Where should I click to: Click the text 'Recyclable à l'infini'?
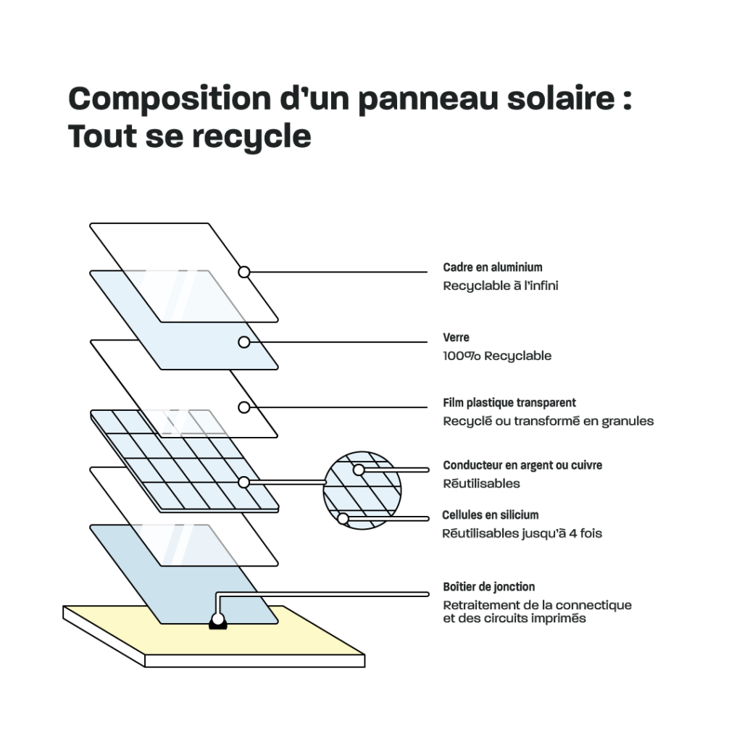point(501,285)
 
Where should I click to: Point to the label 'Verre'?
point(457,338)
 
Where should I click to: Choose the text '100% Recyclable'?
point(497,356)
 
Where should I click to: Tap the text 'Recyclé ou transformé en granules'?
point(549,421)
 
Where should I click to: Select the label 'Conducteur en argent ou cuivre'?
point(522,465)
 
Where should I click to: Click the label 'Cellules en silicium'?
point(491,515)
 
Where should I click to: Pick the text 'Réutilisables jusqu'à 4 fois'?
point(522,534)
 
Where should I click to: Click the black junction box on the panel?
point(217,621)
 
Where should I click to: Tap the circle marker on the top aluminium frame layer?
point(244,272)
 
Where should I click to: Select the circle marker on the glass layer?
point(244,342)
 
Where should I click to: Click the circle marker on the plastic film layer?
point(244,407)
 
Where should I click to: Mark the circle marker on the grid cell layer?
point(244,482)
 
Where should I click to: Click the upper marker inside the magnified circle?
point(359,470)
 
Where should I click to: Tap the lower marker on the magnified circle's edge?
point(343,518)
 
